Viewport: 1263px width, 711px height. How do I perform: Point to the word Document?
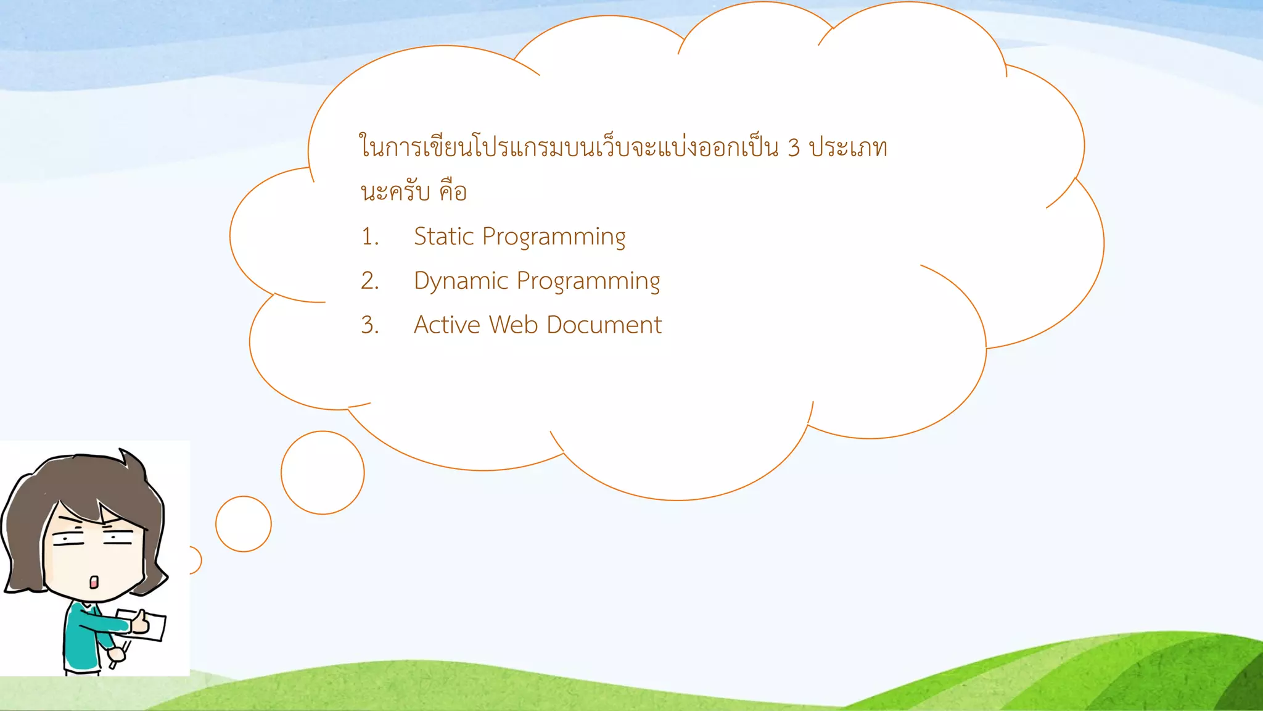(x=604, y=325)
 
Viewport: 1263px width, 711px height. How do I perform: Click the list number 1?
(x=369, y=237)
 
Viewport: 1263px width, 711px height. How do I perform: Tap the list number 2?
(x=369, y=281)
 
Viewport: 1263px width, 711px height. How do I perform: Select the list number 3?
(x=369, y=325)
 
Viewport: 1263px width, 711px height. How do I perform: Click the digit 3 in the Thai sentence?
(x=794, y=148)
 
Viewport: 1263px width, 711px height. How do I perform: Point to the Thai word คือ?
(x=453, y=191)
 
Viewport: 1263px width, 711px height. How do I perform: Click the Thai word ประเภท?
(x=848, y=148)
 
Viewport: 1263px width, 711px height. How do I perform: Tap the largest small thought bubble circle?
(x=323, y=473)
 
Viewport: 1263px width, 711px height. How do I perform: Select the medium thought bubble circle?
(x=244, y=524)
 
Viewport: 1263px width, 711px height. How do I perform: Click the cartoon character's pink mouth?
(x=94, y=581)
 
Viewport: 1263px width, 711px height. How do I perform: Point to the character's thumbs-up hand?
(x=141, y=623)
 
